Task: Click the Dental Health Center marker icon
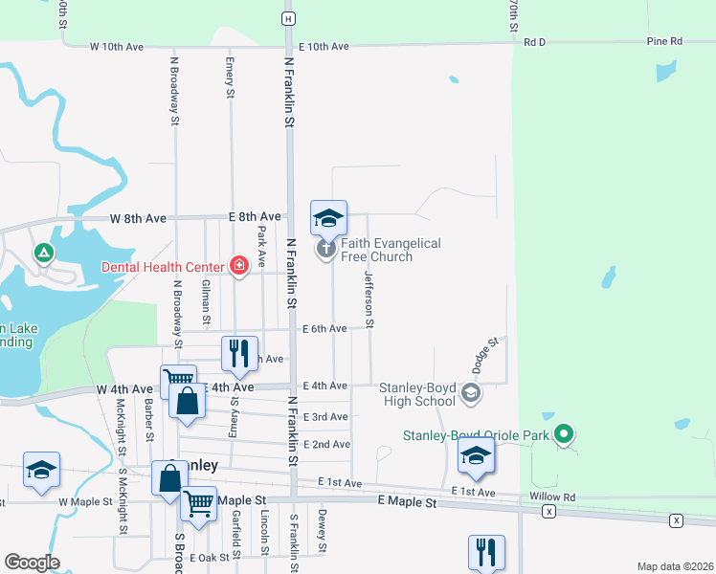coord(239,266)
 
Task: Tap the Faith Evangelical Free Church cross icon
coord(326,250)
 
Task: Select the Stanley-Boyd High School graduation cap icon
coord(471,392)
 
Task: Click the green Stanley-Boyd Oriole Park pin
coord(565,435)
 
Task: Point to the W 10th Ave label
coord(117,46)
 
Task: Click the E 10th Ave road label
coord(325,46)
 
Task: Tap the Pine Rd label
coord(664,42)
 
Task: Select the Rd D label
coord(534,42)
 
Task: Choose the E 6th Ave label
coord(324,329)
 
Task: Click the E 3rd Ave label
coord(325,417)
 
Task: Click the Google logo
coord(32,562)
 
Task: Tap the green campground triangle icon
coord(42,254)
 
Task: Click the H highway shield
coord(287,18)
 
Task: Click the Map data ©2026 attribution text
coord(674,566)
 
